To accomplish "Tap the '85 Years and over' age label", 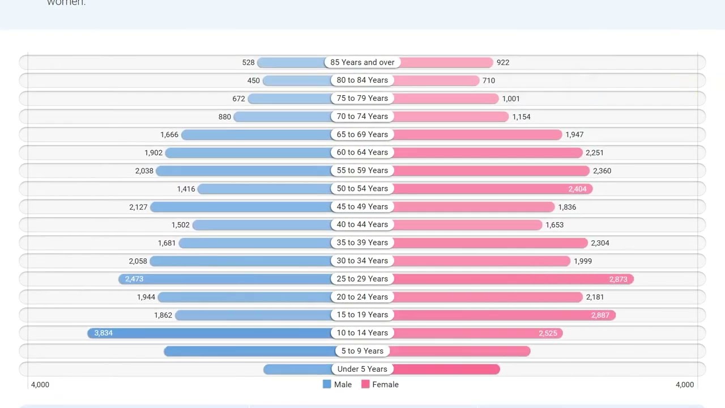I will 362,62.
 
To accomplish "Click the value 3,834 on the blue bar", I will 103,333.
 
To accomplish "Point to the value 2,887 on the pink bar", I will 600,315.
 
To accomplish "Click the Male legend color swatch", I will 327,384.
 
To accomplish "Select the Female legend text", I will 385,384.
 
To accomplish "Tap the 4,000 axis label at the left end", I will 40,384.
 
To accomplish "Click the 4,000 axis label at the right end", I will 684,384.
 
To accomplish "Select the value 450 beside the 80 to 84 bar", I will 253,80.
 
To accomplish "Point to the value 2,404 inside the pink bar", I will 577,189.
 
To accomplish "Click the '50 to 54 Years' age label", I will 362,188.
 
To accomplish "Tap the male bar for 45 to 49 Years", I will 241,206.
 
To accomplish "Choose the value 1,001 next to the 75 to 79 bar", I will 510,99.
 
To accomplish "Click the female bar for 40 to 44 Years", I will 467,224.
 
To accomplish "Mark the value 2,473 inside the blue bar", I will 134,279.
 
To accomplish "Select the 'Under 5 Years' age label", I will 362,369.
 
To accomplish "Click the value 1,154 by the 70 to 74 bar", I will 521,117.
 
